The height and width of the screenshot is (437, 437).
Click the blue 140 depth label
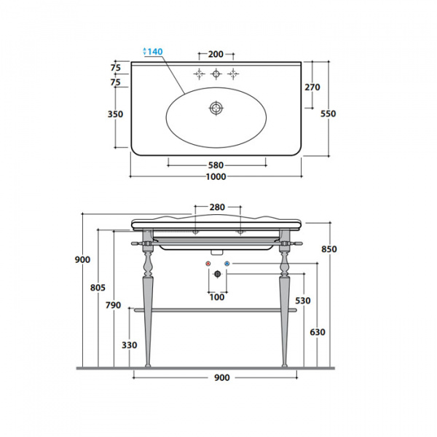pos(154,52)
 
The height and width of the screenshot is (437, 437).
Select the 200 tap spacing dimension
pos(216,55)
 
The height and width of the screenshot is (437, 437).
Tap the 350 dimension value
pos(116,114)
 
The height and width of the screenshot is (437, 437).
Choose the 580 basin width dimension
pos(216,165)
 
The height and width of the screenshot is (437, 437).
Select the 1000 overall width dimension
pos(216,177)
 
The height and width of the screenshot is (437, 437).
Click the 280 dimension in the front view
pos(217,208)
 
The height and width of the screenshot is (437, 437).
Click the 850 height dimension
pos(330,250)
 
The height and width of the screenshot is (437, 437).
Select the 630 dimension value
pos(317,333)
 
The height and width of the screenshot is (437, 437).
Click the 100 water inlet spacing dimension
pos(217,297)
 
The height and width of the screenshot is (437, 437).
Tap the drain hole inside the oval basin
pos(216,108)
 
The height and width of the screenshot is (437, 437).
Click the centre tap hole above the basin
pos(216,74)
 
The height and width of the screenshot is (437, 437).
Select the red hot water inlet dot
pos(208,263)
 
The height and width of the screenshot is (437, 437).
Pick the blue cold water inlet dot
pos(226,263)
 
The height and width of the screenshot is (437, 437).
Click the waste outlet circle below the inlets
pos(216,275)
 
